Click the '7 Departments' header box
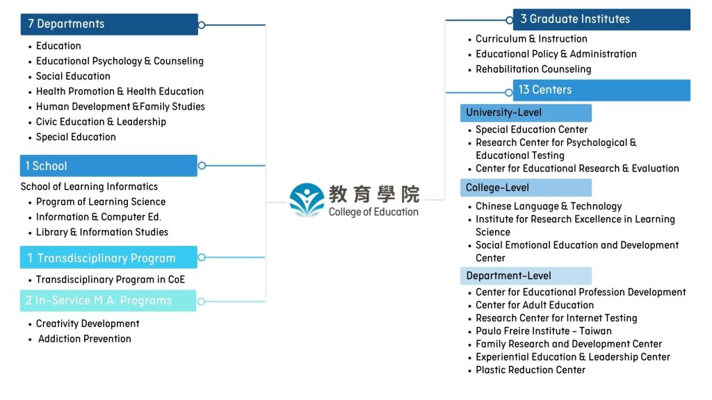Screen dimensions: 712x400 click(109, 24)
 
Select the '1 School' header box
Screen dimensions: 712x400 click(108, 165)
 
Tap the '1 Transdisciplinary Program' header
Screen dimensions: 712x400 click(108, 257)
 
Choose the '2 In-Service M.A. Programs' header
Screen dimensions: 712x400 click(108, 301)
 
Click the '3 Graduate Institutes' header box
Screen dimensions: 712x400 click(601, 19)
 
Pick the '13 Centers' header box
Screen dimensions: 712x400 click(601, 90)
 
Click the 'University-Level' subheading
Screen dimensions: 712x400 click(526, 113)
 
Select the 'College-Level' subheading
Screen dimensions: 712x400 click(526, 187)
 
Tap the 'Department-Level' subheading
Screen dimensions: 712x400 click(526, 276)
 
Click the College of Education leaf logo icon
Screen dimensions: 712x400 click(307, 200)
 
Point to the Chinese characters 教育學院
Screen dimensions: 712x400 click(373, 194)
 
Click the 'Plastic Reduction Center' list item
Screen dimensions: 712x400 click(531, 370)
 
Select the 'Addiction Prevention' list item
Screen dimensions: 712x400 click(84, 339)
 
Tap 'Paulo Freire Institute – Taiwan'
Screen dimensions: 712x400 click(544, 331)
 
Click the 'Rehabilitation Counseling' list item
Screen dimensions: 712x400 click(533, 69)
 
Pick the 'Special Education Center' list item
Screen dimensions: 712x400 click(532, 130)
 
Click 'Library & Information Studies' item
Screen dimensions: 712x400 click(102, 232)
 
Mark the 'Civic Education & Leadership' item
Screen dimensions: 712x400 click(102, 122)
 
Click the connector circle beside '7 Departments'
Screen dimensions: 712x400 click(202, 25)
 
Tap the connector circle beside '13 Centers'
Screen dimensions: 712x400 click(509, 92)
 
